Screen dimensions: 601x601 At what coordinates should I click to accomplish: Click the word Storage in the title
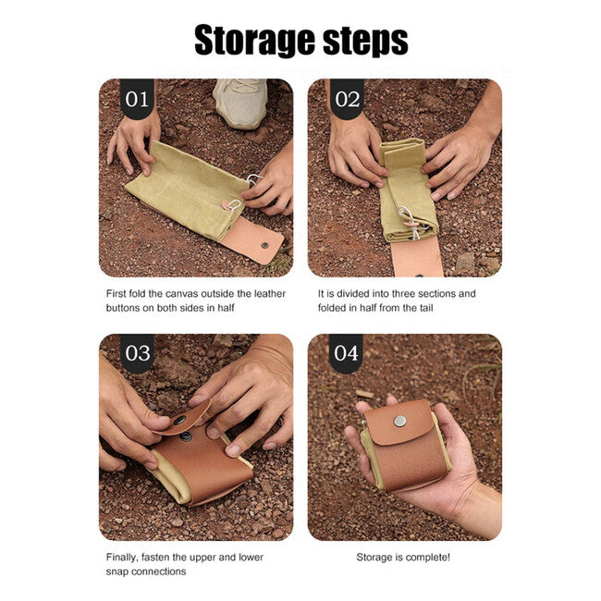(255, 41)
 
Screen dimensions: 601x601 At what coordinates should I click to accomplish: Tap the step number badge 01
(137, 99)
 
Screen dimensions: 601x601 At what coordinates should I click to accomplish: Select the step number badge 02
(347, 99)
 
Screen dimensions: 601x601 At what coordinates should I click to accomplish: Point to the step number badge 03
(137, 352)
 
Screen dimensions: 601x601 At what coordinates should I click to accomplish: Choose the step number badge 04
(346, 352)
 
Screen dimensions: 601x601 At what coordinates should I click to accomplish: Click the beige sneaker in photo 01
(240, 103)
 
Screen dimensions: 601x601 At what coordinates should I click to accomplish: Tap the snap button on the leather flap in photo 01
(264, 244)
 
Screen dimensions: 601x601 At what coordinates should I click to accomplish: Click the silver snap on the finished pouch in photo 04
(400, 421)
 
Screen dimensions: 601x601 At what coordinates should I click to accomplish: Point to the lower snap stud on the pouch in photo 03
(186, 435)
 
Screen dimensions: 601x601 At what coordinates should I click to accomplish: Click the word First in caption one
(116, 294)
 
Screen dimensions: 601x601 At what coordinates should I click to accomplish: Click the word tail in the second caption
(425, 307)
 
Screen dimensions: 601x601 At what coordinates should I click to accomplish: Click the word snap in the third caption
(117, 571)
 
